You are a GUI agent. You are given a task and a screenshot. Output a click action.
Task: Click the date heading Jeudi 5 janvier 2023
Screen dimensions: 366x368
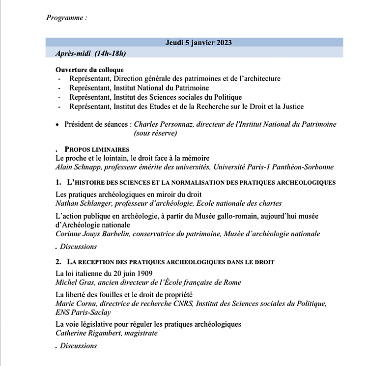198,43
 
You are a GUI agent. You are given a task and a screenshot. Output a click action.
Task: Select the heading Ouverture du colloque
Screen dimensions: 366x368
89,70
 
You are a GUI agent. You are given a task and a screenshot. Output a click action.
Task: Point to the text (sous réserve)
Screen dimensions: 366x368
155,133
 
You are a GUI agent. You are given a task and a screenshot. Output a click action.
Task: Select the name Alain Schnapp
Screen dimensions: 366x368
79,167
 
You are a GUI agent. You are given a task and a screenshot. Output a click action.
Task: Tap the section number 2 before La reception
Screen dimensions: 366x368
58,262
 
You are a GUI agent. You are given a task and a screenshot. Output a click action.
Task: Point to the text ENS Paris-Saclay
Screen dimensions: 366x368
84,312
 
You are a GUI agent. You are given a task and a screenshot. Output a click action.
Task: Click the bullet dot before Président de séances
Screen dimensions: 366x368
58,125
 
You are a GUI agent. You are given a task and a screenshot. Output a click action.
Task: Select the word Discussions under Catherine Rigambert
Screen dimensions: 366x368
79,346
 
